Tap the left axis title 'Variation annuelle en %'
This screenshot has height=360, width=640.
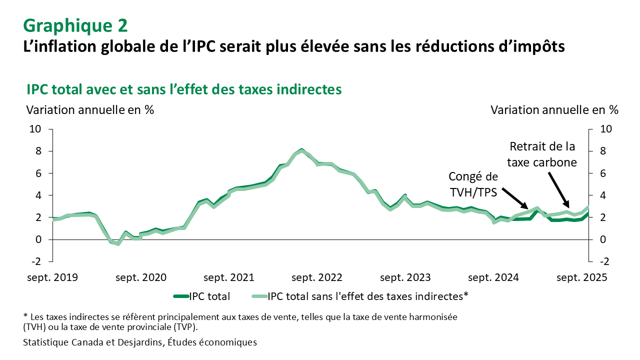click(90, 110)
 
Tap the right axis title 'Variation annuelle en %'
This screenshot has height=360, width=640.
click(554, 110)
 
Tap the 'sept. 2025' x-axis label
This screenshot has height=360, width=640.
click(581, 277)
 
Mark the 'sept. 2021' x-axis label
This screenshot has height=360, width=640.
click(229, 277)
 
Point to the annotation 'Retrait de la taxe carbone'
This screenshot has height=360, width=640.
click(542, 154)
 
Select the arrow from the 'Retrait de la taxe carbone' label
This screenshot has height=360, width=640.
click(558, 189)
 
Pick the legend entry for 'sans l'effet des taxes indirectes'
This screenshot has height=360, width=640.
click(368, 296)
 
